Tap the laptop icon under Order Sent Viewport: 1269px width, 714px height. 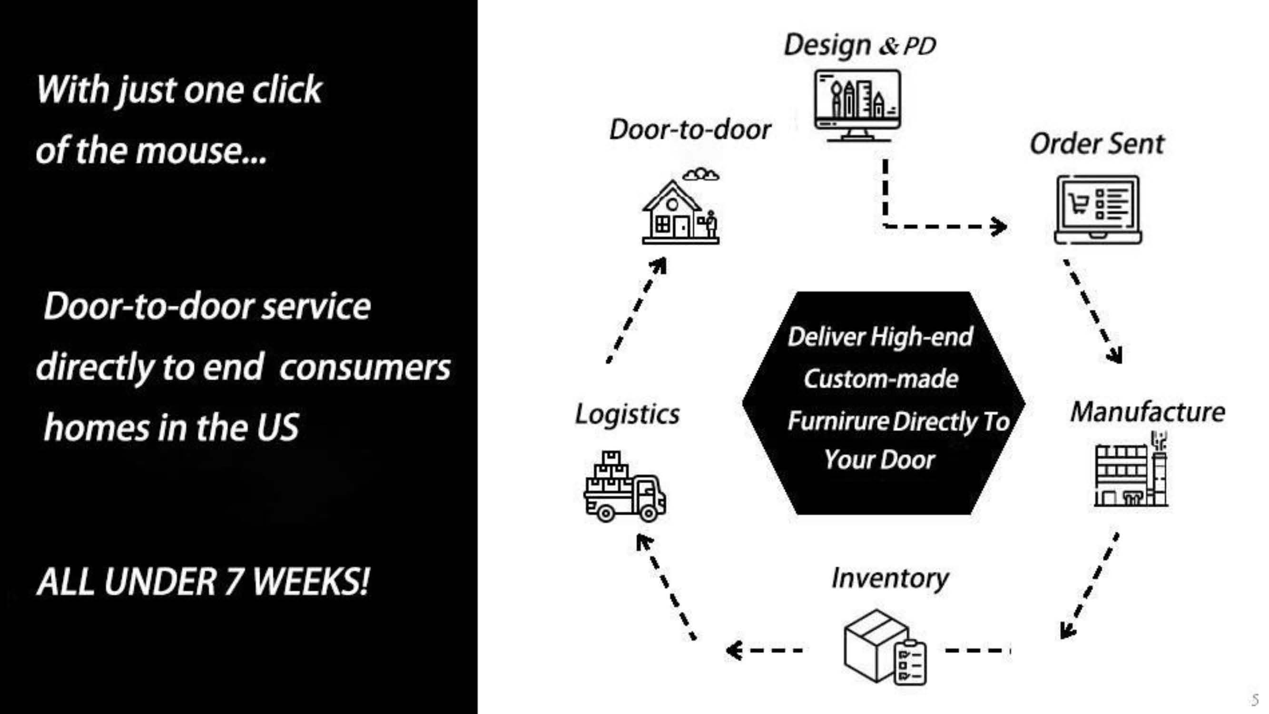pos(1098,209)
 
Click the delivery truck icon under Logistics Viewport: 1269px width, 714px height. pos(625,488)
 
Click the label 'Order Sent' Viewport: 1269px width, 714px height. pos(1097,144)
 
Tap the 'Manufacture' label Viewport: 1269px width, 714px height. pos(1147,412)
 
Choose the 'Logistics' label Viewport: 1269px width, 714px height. pos(627,414)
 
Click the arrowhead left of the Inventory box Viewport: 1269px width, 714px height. pos(734,650)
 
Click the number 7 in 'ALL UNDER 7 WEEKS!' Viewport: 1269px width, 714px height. pos(234,582)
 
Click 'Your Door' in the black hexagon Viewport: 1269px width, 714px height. pos(879,460)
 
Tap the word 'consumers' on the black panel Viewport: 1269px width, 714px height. pos(364,367)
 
